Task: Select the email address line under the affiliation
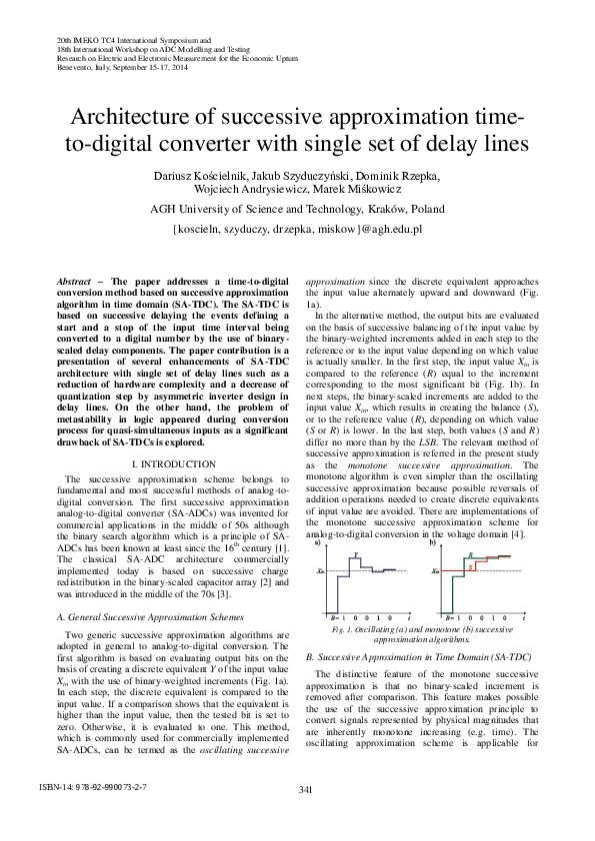tap(298, 228)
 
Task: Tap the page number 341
tap(306, 790)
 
